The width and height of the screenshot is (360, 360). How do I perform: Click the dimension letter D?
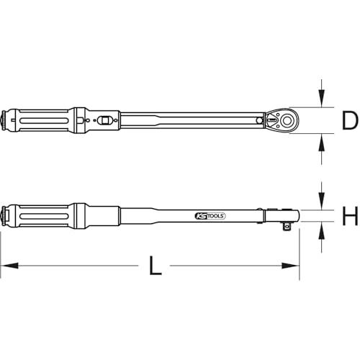pos(349,121)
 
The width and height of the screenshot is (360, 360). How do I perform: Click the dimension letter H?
pos(350,216)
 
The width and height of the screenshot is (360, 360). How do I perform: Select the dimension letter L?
pos(155,266)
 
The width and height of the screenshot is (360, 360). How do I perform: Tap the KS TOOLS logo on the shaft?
pos(210,216)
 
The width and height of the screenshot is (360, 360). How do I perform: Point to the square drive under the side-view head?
pos(286,226)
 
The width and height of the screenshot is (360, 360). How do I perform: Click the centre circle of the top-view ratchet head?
pos(287,120)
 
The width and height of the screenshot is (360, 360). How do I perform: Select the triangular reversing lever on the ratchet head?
pos(271,120)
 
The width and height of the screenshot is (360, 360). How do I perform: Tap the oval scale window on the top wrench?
pos(104,120)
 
